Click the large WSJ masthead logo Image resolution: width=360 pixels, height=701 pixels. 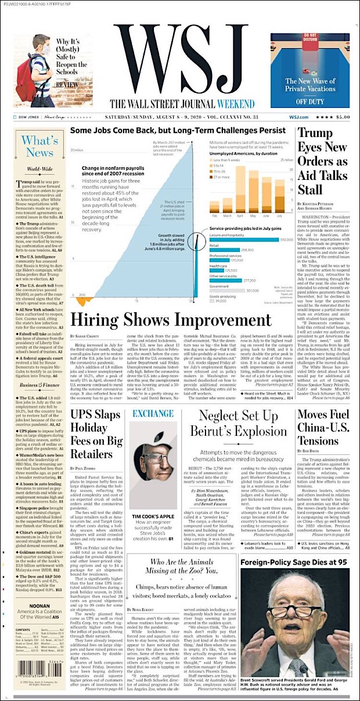179,59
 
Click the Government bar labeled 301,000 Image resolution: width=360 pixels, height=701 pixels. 227,291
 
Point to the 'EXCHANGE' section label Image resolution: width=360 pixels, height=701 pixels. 153,414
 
